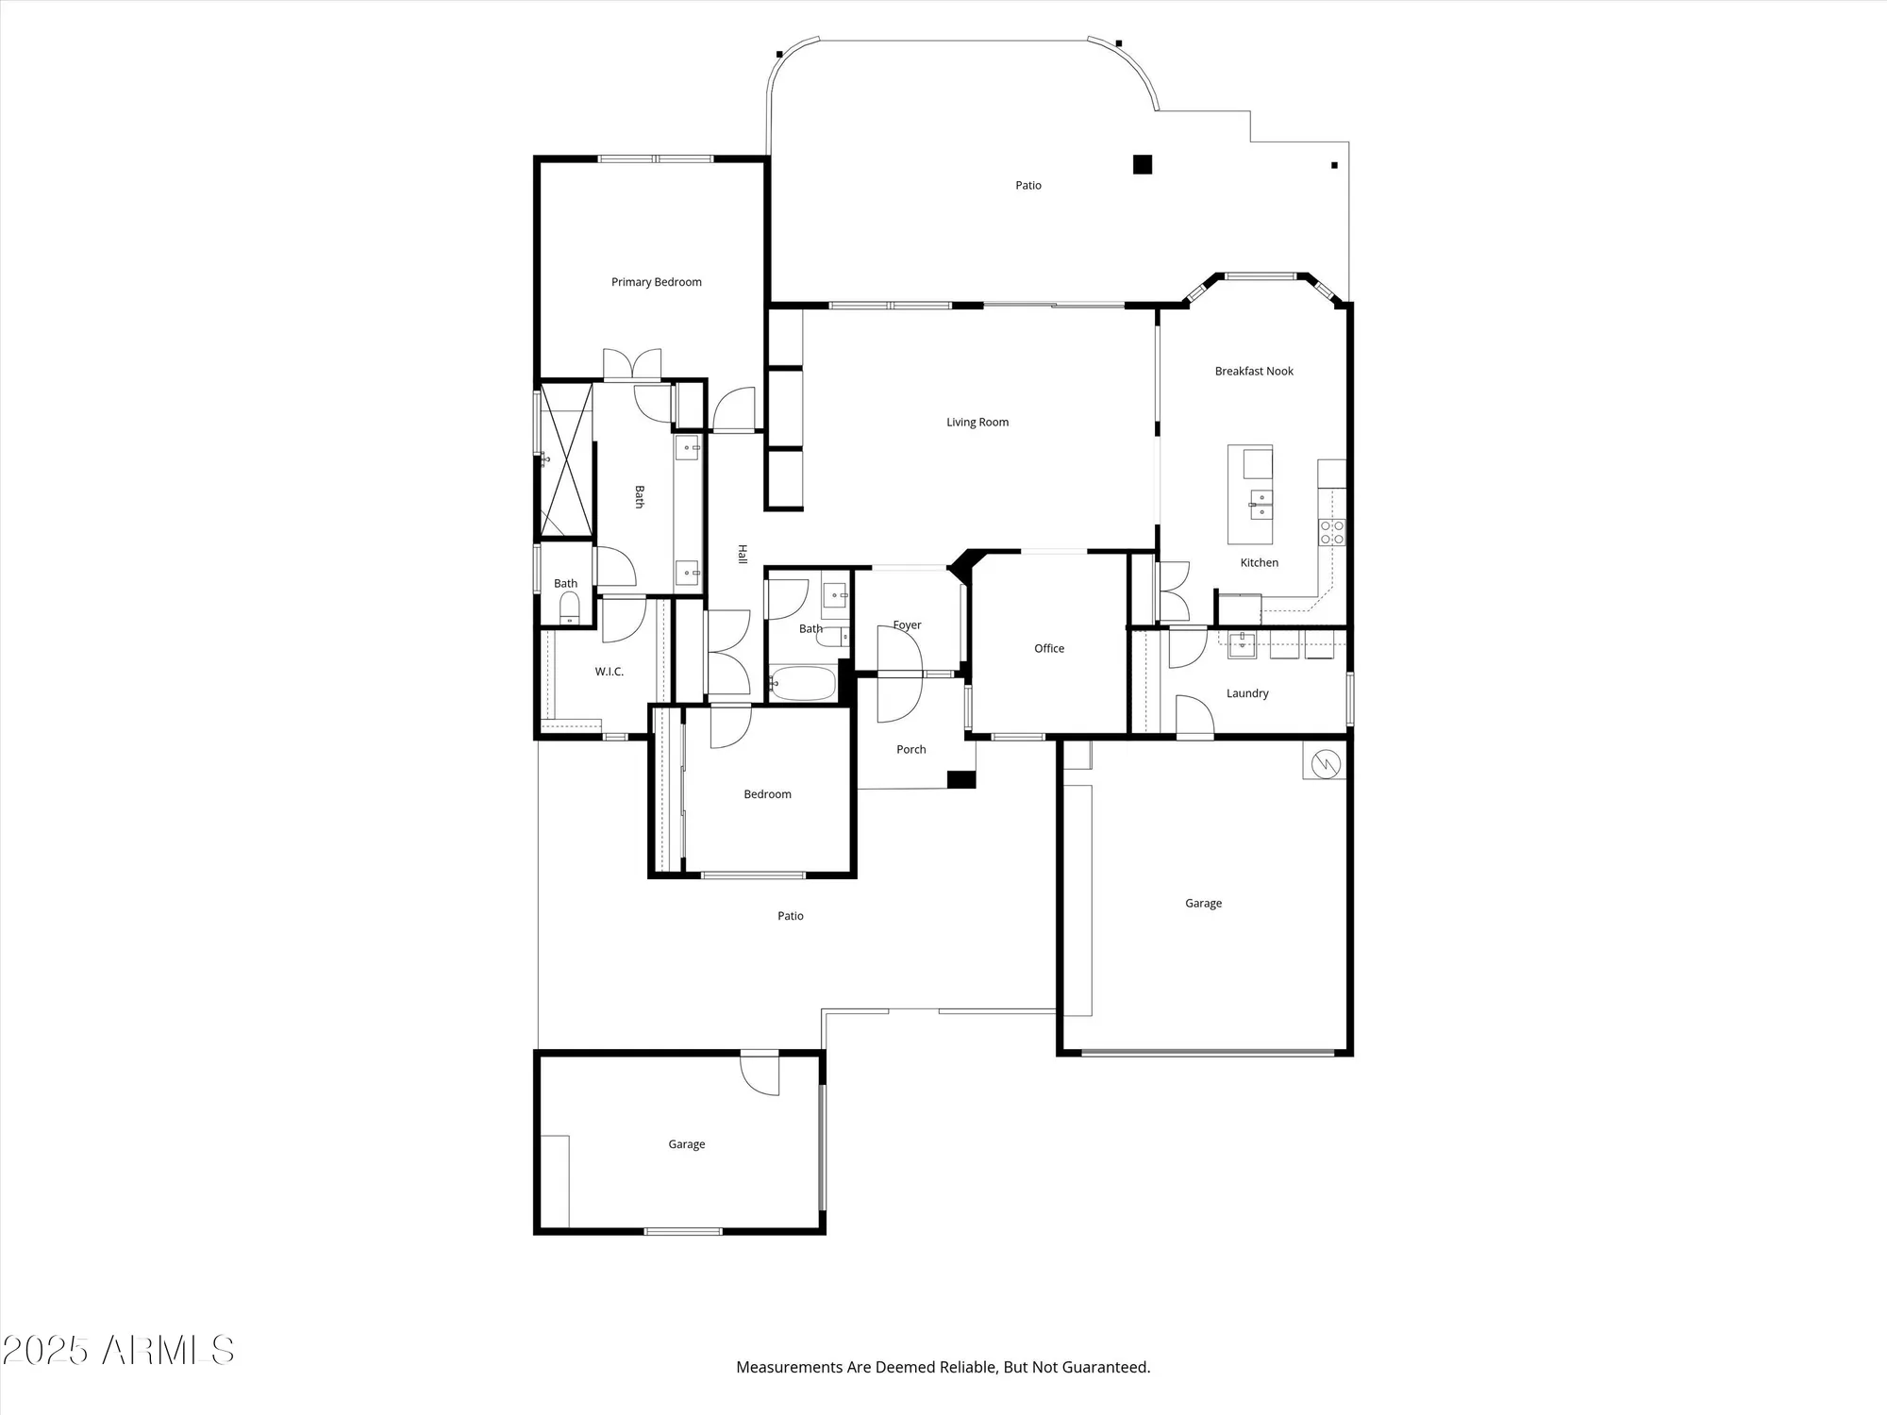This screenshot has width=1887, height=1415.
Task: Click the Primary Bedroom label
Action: [x=656, y=282]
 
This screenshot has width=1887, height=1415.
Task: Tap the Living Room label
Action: [x=977, y=423]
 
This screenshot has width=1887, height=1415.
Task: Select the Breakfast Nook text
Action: [x=1254, y=372]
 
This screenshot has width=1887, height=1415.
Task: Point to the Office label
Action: [x=1048, y=649]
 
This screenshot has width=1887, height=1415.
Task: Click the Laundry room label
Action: [x=1246, y=693]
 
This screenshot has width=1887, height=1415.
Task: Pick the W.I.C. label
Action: [x=609, y=672]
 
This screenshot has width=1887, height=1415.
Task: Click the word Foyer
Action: [x=907, y=625]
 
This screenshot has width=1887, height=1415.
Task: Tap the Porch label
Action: [x=910, y=750]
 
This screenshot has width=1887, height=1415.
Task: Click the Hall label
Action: [x=743, y=555]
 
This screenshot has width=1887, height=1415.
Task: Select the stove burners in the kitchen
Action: [x=1331, y=533]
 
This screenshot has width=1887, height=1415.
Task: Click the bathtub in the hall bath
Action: [x=802, y=683]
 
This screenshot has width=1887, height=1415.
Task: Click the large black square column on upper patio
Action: [x=1143, y=164]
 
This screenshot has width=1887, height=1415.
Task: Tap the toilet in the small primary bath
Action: [x=569, y=610]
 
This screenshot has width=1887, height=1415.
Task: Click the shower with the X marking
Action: [x=566, y=459]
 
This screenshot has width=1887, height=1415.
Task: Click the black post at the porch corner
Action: [x=960, y=779]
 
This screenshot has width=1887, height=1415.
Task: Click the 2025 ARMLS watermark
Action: [x=118, y=1351]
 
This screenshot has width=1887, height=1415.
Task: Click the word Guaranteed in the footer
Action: [x=1105, y=1367]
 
